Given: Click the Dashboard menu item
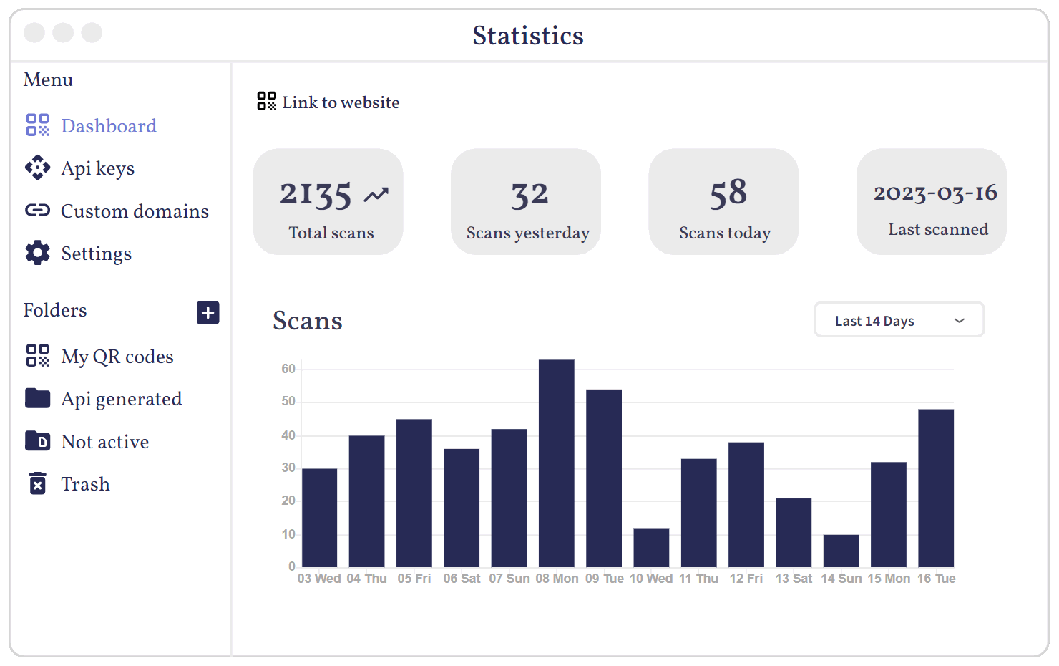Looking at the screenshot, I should click(108, 126).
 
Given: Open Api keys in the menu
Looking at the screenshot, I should click(97, 168).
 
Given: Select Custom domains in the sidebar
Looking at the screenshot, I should click(134, 211).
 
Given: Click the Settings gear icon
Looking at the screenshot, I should click(38, 253).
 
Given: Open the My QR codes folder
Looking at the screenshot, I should click(117, 357).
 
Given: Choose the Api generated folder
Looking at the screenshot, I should click(121, 399).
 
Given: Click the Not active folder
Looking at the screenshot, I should click(104, 442).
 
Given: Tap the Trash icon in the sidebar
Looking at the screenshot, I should click(38, 484).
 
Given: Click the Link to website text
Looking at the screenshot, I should click(341, 102).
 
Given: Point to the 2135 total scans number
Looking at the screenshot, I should click(316, 194).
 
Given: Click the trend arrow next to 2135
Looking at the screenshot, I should click(376, 195).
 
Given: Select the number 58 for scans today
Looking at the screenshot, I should click(728, 194).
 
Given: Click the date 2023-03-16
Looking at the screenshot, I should click(935, 193).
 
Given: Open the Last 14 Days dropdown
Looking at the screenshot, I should click(899, 320).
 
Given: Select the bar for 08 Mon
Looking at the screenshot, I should click(556, 464).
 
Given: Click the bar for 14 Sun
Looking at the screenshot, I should click(841, 551).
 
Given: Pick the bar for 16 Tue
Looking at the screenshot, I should click(935, 488).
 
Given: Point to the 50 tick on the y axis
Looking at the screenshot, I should click(288, 401).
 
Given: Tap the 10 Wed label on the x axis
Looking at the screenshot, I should click(650, 579).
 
